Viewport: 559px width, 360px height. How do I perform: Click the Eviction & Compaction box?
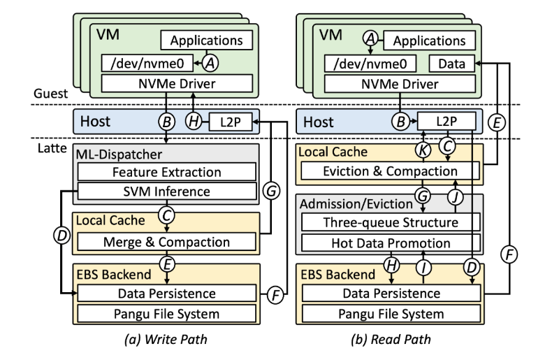point(389,171)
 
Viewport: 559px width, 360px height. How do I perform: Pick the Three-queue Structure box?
point(390,222)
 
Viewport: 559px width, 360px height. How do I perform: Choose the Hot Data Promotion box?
point(390,243)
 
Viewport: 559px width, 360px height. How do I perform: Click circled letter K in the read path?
point(423,149)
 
